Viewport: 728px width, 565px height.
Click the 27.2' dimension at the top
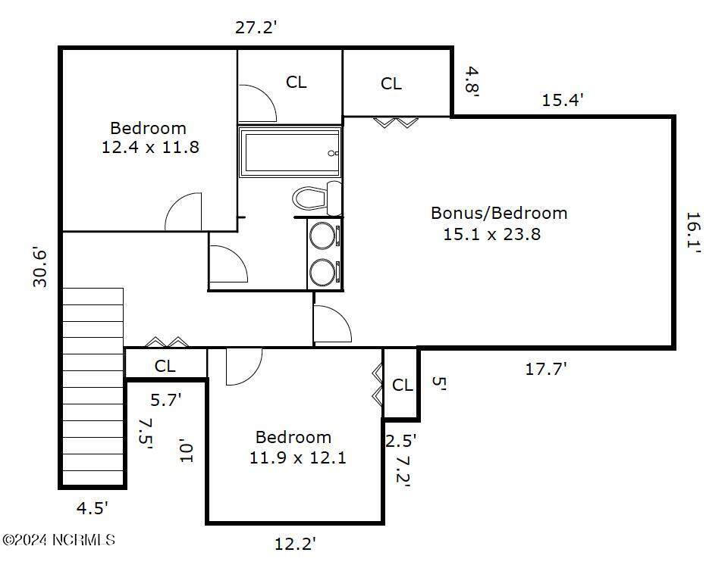click(256, 27)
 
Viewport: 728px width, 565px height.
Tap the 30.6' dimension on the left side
click(40, 268)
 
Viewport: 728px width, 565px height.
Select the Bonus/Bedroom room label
click(499, 213)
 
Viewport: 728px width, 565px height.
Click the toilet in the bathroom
click(318, 198)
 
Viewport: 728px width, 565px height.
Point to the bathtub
click(290, 151)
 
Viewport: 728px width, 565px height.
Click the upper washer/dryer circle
click(322, 236)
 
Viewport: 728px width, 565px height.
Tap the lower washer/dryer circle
click(322, 273)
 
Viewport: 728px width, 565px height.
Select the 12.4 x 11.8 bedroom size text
click(150, 147)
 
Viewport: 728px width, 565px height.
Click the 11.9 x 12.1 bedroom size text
click(297, 458)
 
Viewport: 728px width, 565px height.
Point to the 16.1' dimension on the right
click(693, 232)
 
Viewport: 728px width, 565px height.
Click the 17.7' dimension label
click(546, 369)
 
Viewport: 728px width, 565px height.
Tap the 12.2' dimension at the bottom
click(295, 543)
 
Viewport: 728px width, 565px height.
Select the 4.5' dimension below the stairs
click(93, 508)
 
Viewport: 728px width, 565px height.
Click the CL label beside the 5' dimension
click(402, 385)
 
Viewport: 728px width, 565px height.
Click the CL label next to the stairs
click(165, 366)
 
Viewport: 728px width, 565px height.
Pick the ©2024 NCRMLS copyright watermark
click(58, 540)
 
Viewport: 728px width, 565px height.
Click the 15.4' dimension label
click(563, 100)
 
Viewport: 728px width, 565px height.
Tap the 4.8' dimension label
click(472, 81)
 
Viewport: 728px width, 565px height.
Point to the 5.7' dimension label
click(166, 399)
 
